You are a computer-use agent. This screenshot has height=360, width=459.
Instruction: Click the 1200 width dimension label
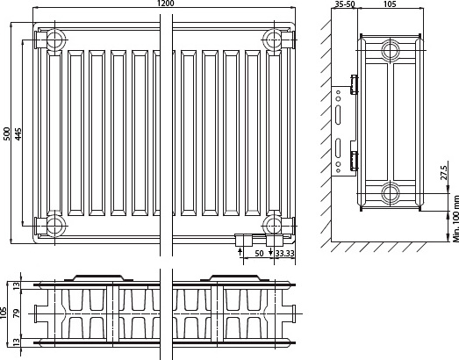165,4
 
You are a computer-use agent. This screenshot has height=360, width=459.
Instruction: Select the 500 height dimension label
6,133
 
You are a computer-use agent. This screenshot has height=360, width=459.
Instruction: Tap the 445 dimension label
18,133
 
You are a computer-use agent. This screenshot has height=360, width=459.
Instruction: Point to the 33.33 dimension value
284,254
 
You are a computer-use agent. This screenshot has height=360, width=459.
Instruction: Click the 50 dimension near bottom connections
259,254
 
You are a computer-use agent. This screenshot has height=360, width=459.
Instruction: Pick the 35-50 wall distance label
345,4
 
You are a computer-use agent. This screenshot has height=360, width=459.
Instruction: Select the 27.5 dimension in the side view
444,172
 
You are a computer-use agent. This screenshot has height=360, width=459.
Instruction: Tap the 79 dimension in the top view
17,313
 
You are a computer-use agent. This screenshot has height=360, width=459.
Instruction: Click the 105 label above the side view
390,4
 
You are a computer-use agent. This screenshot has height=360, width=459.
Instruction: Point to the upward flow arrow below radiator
240,251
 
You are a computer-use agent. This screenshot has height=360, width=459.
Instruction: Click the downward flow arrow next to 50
271,251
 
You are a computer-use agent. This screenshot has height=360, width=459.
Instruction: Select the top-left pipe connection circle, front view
54,40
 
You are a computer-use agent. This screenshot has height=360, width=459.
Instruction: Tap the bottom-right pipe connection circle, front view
274,226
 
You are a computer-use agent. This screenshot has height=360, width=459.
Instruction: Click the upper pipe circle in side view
391,50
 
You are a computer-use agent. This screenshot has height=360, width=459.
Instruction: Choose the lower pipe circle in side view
391,193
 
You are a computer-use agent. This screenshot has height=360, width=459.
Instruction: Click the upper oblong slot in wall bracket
338,115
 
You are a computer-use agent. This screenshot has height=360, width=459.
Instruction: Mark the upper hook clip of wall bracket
355,84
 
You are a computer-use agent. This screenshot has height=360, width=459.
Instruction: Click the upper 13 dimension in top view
17,285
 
